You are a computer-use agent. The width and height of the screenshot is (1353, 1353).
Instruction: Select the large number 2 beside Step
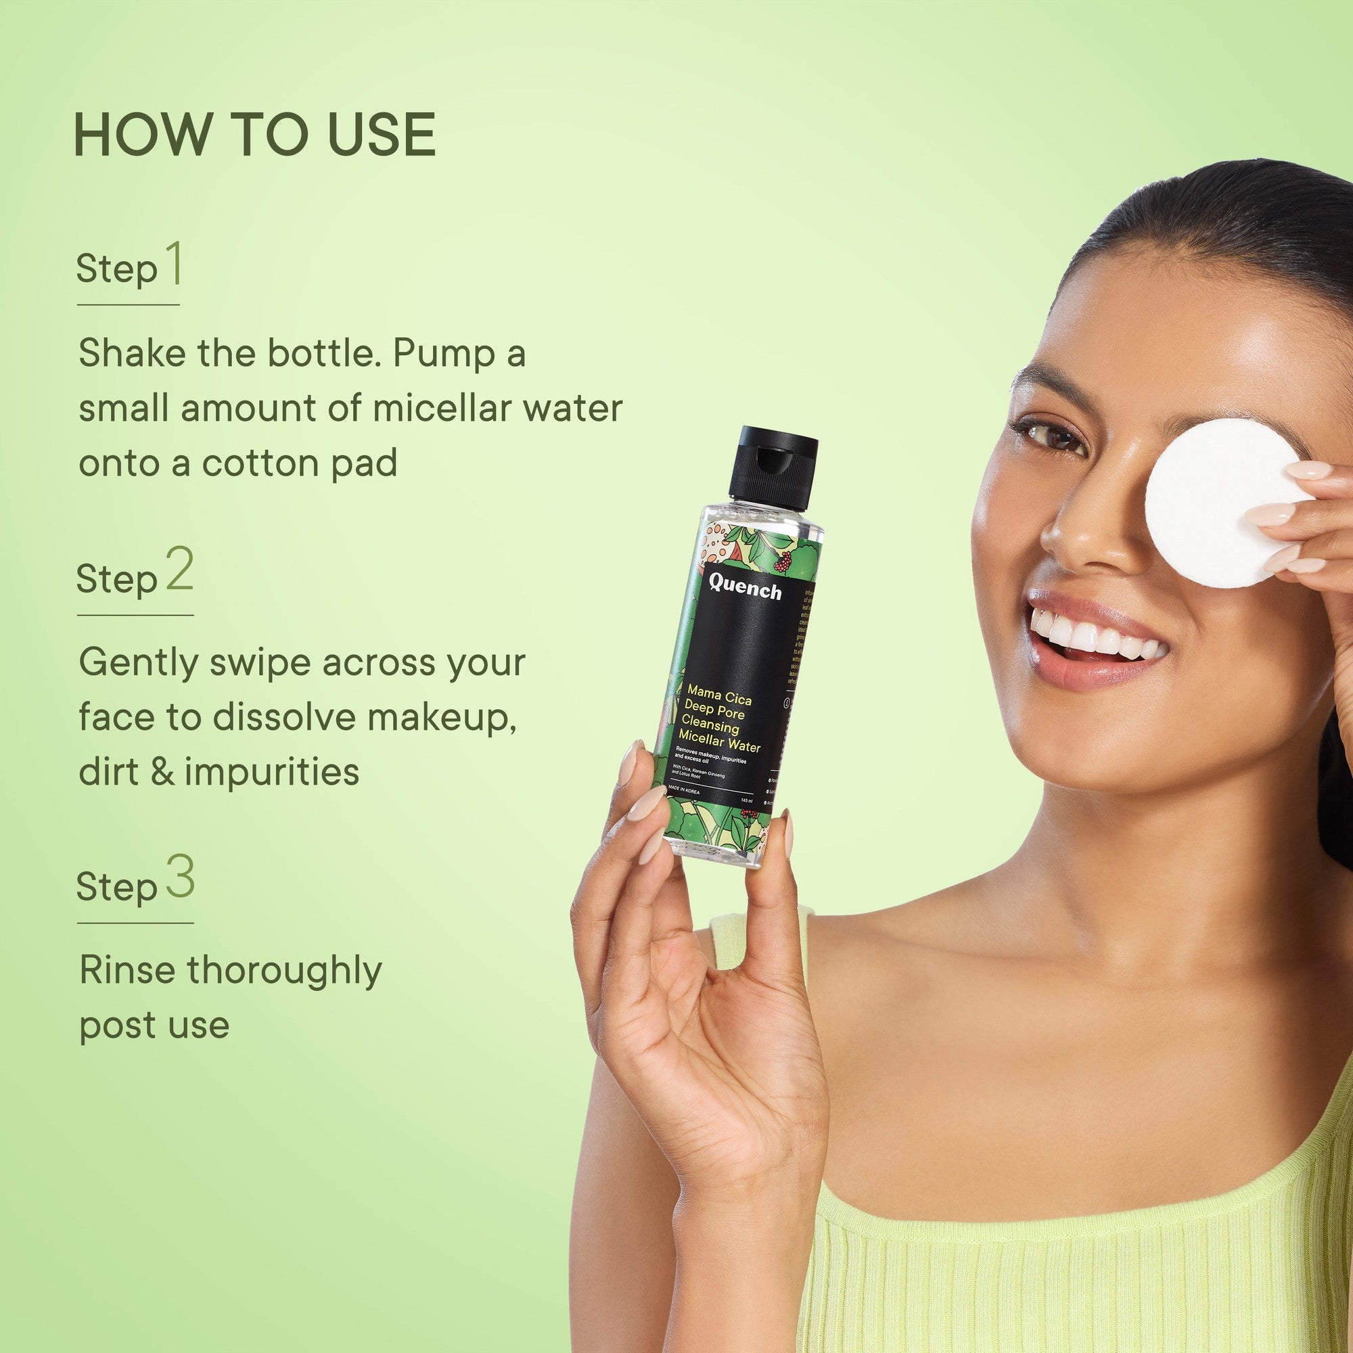179,571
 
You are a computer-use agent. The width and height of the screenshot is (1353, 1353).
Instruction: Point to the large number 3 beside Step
180,878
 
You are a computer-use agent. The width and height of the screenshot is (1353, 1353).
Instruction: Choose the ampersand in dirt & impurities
162,772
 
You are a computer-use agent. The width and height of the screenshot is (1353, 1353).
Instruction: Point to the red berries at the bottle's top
783,560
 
